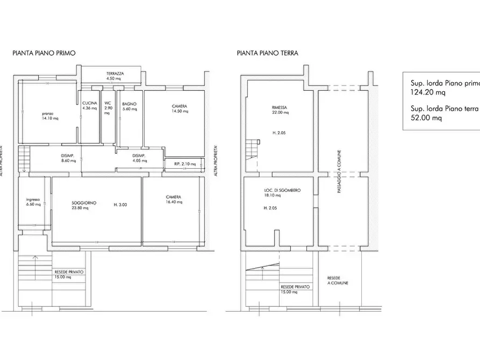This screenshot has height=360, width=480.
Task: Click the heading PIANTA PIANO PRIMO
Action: tap(44, 53)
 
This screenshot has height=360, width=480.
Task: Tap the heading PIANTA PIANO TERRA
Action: tap(267, 53)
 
